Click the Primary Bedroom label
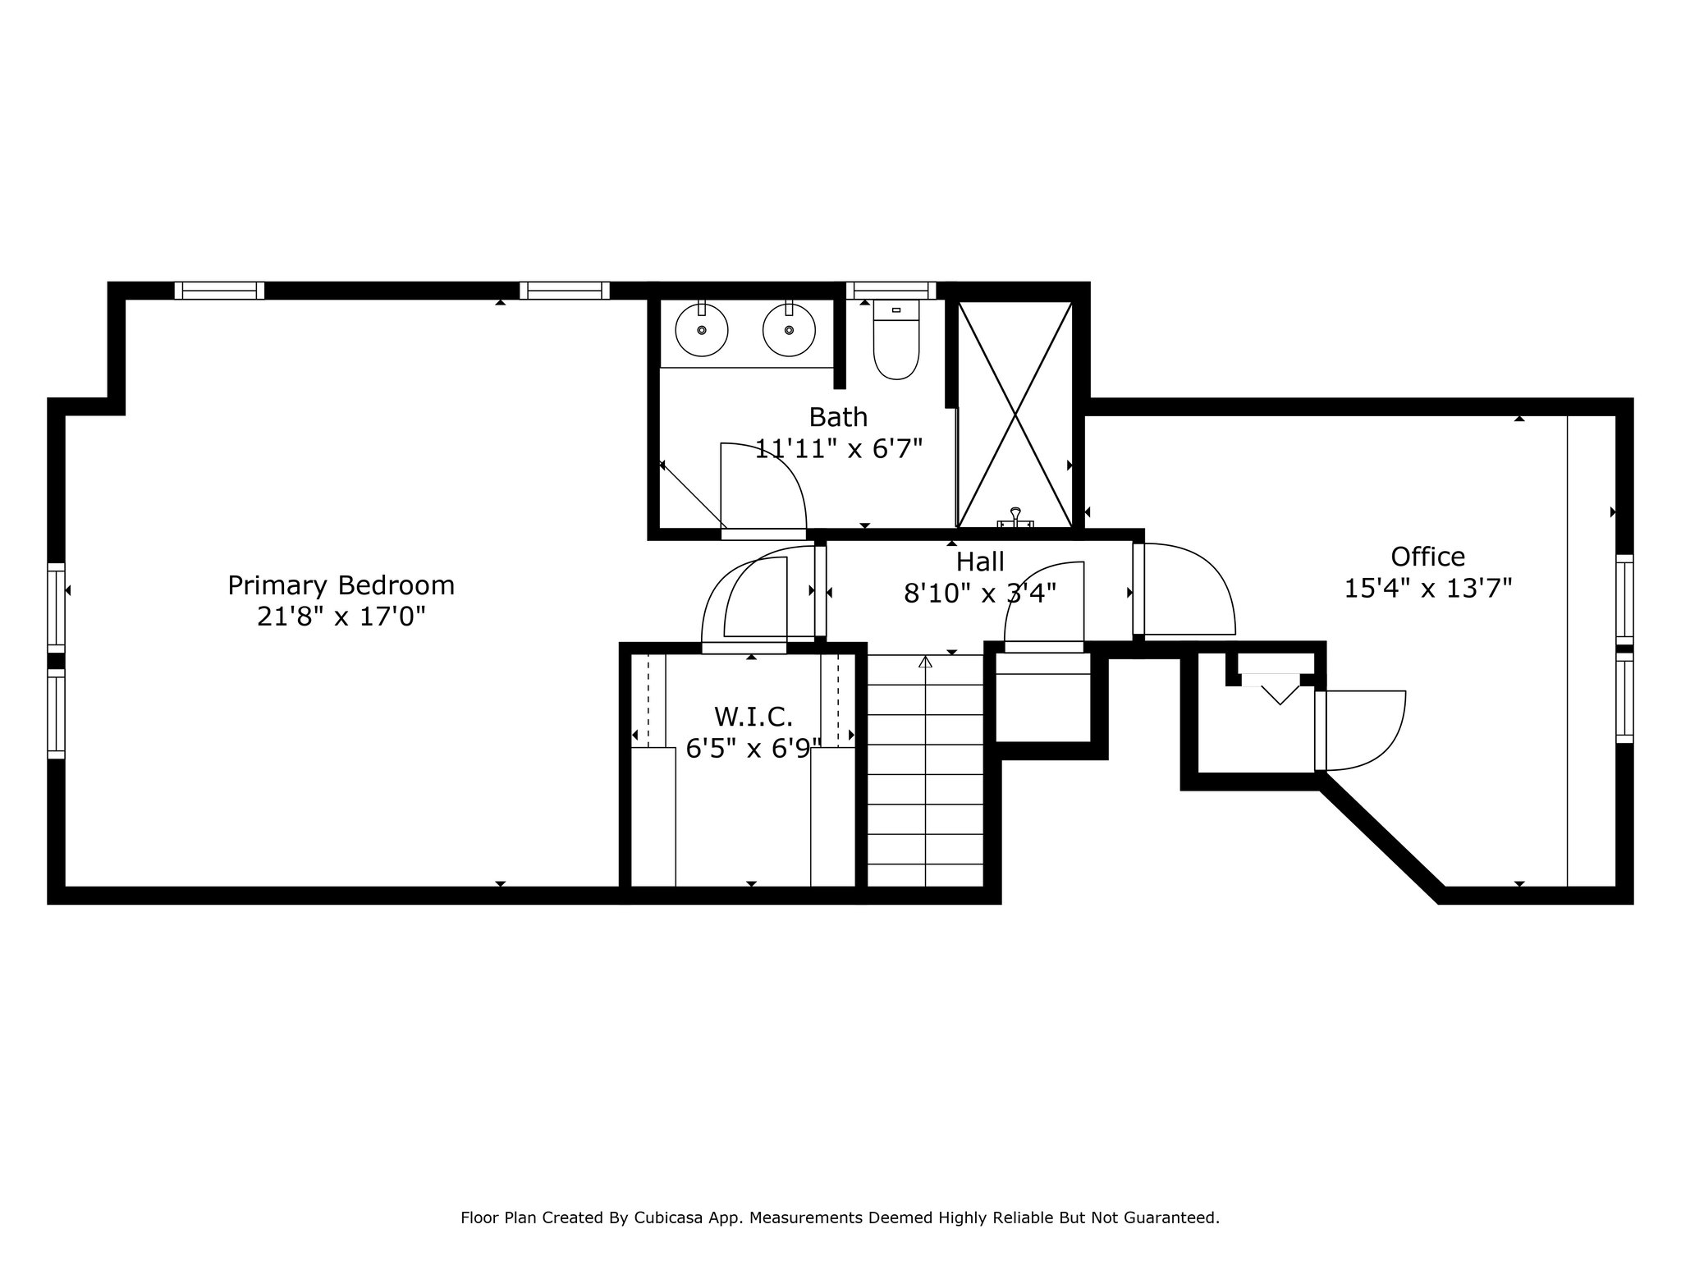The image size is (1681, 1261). (x=341, y=585)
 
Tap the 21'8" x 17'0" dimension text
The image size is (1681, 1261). (x=341, y=617)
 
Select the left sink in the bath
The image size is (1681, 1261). (x=702, y=328)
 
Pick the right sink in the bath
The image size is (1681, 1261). (x=789, y=328)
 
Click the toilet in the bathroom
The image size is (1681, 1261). (x=896, y=340)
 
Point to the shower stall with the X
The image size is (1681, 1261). (x=1015, y=415)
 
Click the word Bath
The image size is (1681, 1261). (x=838, y=417)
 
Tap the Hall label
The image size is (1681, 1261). (x=980, y=562)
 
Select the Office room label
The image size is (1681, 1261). (x=1427, y=557)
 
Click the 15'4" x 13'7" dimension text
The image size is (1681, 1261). (x=1427, y=588)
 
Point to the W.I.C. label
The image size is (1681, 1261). (x=753, y=717)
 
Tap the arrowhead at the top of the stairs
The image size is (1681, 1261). (x=926, y=661)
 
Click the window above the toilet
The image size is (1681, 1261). (x=891, y=290)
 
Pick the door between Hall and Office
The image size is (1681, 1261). (x=1184, y=589)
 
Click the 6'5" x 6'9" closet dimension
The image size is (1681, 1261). (x=753, y=749)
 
